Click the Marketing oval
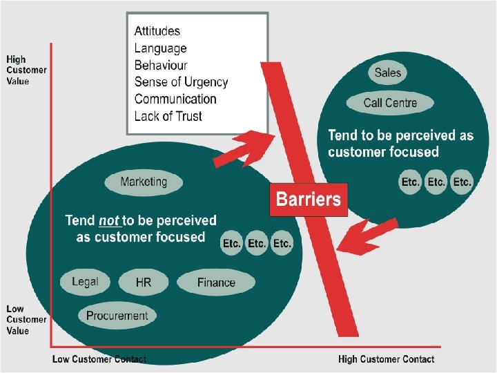pyautogui.click(x=144, y=182)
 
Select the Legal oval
pyautogui.click(x=85, y=282)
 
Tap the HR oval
pyautogui.click(x=144, y=283)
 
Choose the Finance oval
pyautogui.click(x=216, y=283)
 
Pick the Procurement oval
pyautogui.click(x=117, y=316)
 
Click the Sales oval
pyautogui.click(x=387, y=73)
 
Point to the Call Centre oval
pyautogui.click(x=390, y=103)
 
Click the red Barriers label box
pyautogui.click(x=308, y=200)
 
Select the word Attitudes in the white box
pyautogui.click(x=157, y=31)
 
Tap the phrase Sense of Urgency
pyautogui.click(x=181, y=82)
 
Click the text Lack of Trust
pyautogui.click(x=168, y=116)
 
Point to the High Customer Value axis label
pyautogui.click(x=26, y=70)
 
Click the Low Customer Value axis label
pyautogui.click(x=26, y=320)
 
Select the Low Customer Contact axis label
pyautogui.click(x=99, y=359)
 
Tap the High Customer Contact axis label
pyautogui.click(x=386, y=359)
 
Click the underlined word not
pyautogui.click(x=109, y=221)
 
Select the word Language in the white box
pyautogui.click(x=160, y=48)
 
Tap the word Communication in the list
pyautogui.click(x=175, y=99)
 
